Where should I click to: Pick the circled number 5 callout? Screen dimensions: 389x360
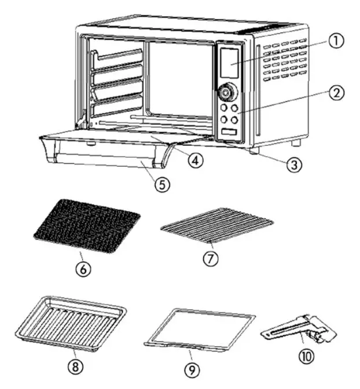pos(161,185)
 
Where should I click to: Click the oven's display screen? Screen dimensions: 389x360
pos(229,63)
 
